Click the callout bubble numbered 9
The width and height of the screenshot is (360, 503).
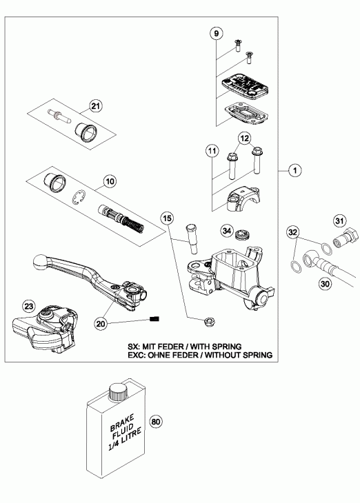tap(216, 33)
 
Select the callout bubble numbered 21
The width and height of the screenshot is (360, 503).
tap(95, 106)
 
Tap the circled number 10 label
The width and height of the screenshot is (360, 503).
tap(110, 182)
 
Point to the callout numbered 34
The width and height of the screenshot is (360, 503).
tap(227, 231)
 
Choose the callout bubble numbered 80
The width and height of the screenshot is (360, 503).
tap(156, 422)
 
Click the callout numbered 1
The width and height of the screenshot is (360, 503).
tap(295, 170)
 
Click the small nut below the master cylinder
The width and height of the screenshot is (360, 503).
tap(209, 322)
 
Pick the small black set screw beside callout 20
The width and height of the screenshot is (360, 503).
tap(154, 319)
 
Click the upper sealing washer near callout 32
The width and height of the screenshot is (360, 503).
tap(326, 248)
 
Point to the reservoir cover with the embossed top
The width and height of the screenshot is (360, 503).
tap(245, 84)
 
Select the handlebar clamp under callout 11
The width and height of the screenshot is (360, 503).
tap(243, 201)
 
